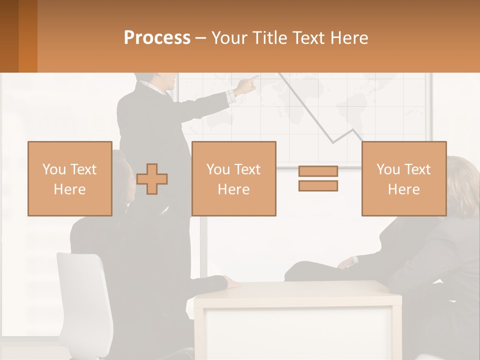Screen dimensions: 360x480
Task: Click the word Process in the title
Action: pos(157,38)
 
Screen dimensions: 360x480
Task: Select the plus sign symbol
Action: pos(152,178)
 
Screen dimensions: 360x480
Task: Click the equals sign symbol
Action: pos(318,178)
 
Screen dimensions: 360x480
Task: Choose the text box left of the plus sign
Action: pos(69,178)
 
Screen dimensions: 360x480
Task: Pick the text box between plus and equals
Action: pos(233,178)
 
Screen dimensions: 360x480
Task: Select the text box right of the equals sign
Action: pos(403,178)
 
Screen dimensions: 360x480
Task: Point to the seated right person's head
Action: pos(462,182)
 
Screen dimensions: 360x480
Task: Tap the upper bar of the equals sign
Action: pos(318,171)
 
